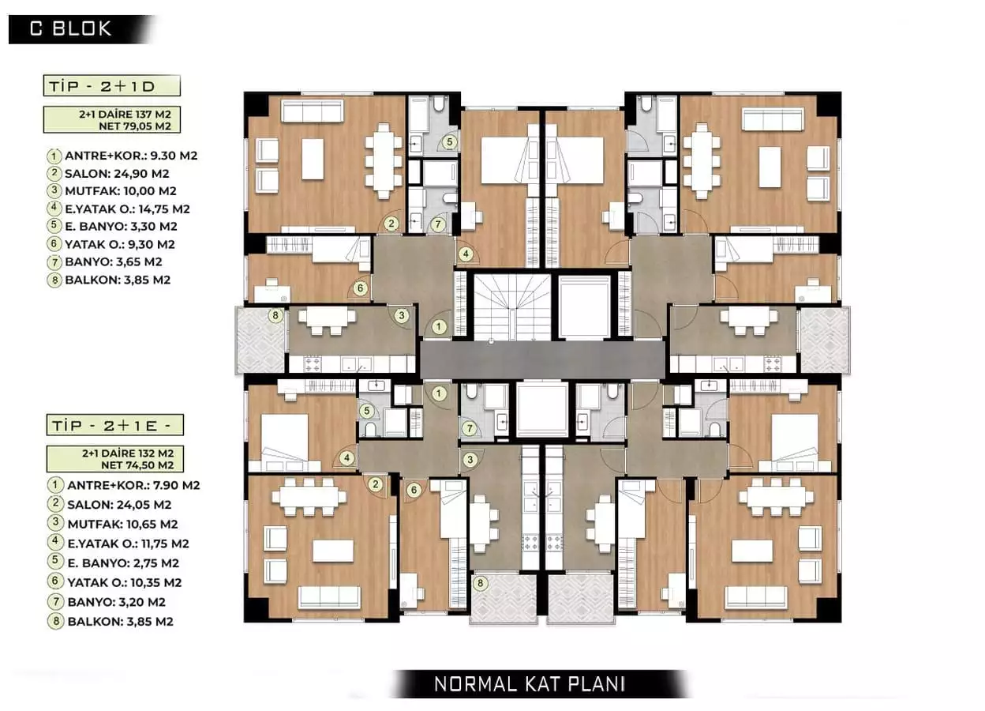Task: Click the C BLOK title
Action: [x=71, y=29]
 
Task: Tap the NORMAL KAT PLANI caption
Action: [x=530, y=684]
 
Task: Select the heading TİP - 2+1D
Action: [x=113, y=85]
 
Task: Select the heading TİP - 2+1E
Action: [x=113, y=425]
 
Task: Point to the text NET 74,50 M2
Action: [x=126, y=466]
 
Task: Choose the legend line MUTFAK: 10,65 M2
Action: [x=122, y=524]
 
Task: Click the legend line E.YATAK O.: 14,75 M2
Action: [x=129, y=209]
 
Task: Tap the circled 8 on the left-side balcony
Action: [x=275, y=317]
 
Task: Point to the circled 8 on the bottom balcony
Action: [x=480, y=584]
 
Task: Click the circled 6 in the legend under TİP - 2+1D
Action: [x=54, y=245]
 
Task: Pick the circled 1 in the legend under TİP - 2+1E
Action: [x=54, y=485]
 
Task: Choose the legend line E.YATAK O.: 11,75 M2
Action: [x=129, y=544]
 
